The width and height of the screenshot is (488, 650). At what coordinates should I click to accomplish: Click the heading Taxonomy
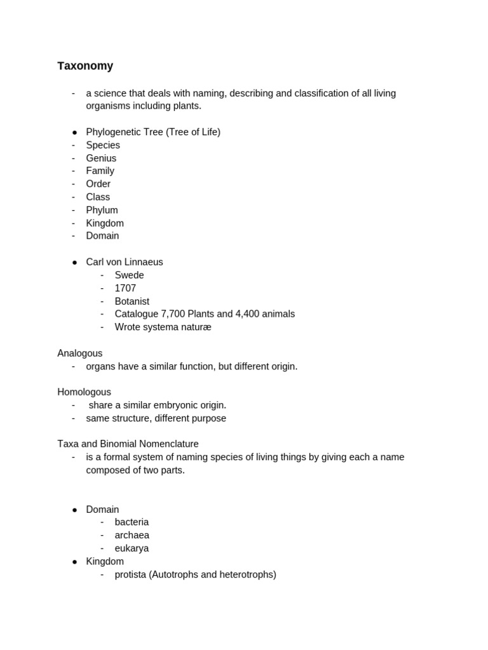click(x=85, y=66)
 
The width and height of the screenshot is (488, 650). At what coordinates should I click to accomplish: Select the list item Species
click(x=103, y=145)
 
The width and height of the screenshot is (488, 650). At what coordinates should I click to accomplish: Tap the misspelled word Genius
click(x=101, y=158)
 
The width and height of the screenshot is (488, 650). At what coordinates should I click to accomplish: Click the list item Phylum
click(x=102, y=210)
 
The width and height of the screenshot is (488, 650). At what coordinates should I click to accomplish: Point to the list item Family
click(x=100, y=171)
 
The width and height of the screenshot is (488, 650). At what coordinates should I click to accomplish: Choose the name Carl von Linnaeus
click(x=125, y=262)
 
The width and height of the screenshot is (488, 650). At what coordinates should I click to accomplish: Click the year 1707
click(x=125, y=288)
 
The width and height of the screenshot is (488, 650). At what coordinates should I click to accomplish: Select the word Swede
click(x=129, y=275)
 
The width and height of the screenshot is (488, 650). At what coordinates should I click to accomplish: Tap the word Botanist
click(x=132, y=302)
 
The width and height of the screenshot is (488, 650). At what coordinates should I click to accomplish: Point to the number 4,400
click(x=239, y=314)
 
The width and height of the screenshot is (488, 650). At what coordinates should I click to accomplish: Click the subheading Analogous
click(x=80, y=354)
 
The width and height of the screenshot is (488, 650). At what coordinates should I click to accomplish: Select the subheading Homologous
click(x=84, y=392)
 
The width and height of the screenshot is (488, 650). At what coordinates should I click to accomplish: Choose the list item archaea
click(x=132, y=535)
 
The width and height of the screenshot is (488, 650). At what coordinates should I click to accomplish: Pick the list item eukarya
click(x=132, y=548)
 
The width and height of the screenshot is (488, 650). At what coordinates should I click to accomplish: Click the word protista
click(x=130, y=574)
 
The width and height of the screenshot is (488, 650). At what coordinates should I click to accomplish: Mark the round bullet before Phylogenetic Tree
click(x=74, y=132)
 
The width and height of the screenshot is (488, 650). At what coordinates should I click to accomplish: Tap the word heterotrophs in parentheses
click(x=246, y=574)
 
